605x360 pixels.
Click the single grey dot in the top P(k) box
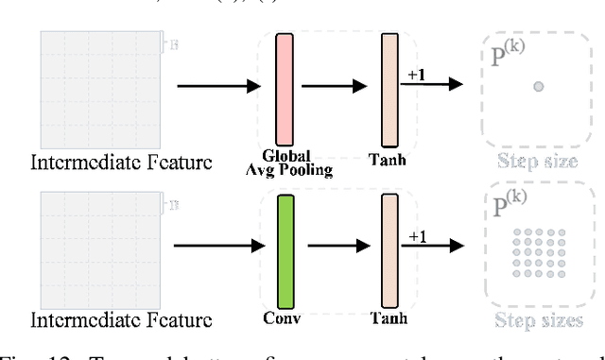538,87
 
